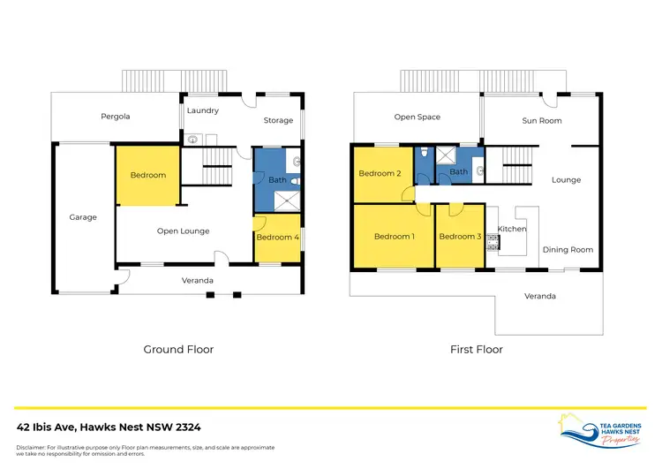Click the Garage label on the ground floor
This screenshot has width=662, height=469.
(x=83, y=217)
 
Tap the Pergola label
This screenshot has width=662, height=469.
(x=115, y=116)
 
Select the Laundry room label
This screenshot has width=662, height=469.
(x=202, y=110)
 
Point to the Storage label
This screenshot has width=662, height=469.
(x=278, y=120)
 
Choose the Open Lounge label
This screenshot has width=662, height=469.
(x=183, y=231)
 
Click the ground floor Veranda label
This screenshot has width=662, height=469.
(x=197, y=281)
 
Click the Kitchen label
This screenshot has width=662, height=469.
(x=512, y=229)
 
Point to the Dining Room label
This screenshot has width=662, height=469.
(x=568, y=250)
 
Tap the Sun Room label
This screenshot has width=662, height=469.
(x=541, y=120)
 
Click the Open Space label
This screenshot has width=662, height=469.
(x=417, y=117)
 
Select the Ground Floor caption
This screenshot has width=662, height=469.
(x=178, y=350)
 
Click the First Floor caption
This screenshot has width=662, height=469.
(x=477, y=350)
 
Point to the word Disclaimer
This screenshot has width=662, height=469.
(x=33, y=447)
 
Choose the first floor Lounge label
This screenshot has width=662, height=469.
(x=566, y=180)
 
